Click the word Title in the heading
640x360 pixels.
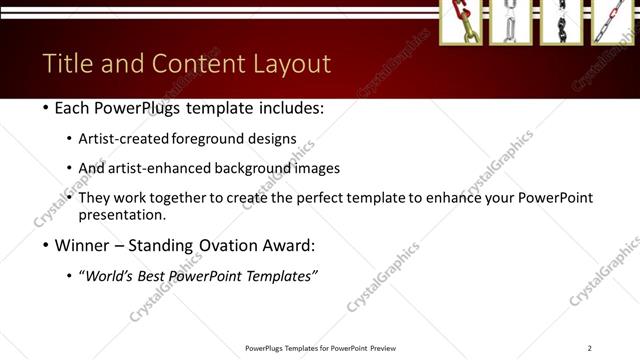tap(67, 64)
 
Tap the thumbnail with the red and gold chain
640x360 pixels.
tap(461, 21)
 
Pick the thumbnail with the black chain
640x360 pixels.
tap(561, 21)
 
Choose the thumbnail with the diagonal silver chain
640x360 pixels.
tap(611, 21)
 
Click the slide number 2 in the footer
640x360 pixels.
tap(589, 348)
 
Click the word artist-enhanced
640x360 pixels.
tap(158, 168)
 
